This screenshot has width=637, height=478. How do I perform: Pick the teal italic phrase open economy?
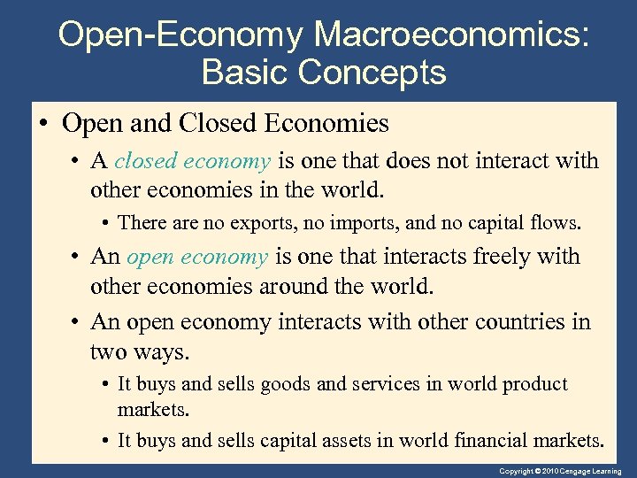tap(197, 257)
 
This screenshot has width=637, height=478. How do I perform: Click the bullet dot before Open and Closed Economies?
tap(44, 123)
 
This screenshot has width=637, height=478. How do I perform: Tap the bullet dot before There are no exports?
tap(106, 222)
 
